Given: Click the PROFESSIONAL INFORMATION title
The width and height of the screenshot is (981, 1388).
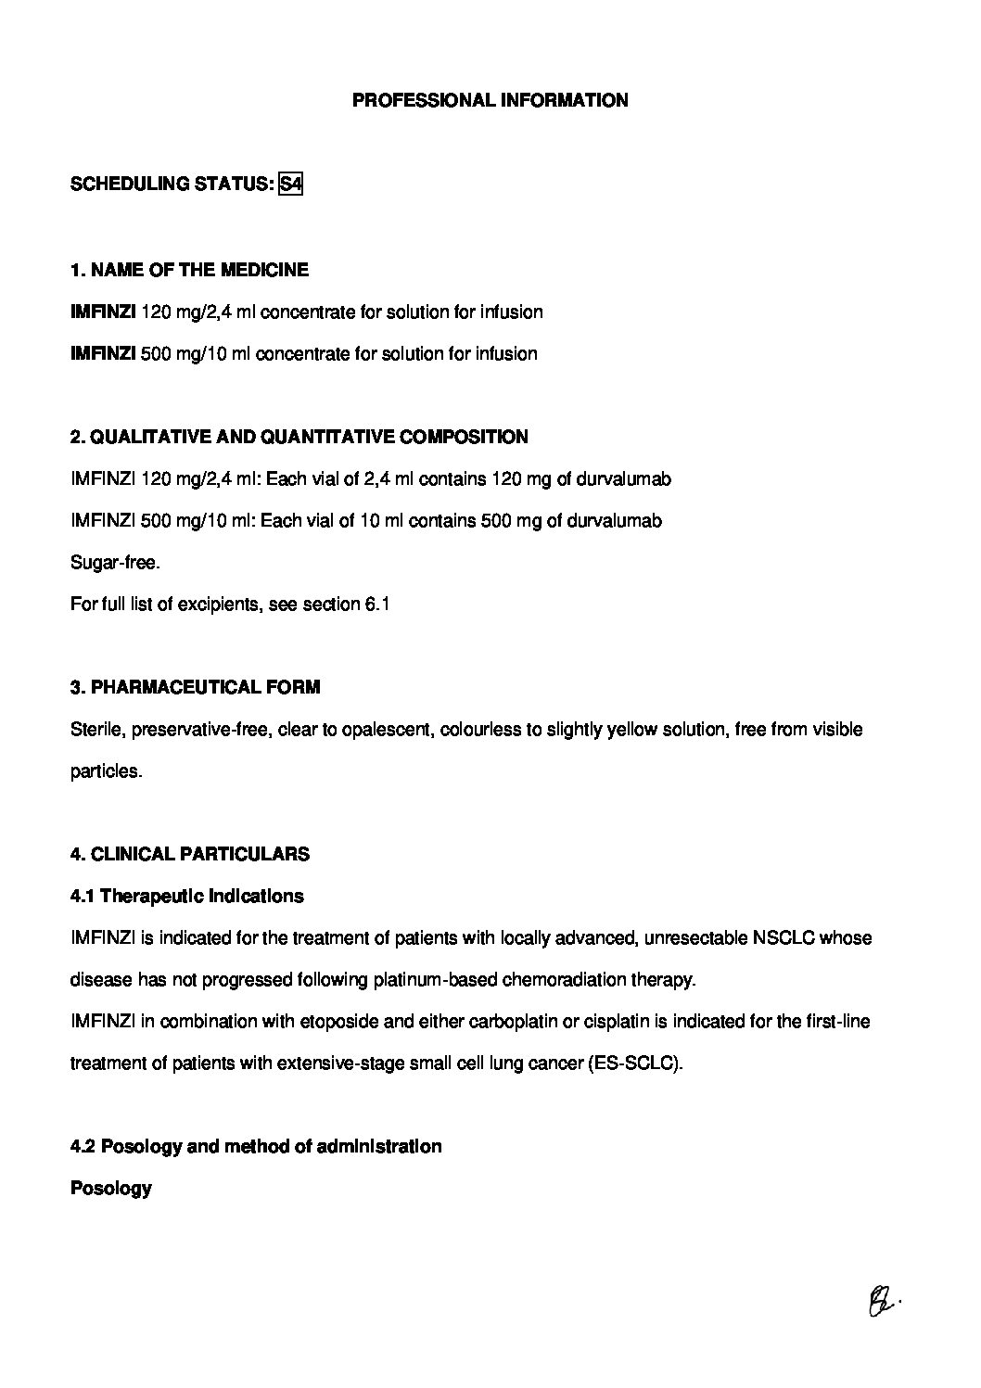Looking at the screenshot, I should pos(490,100).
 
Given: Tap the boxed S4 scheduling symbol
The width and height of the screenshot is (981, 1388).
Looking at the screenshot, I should pos(290,184).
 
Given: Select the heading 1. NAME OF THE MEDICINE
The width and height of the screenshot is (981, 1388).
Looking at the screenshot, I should pos(189,270).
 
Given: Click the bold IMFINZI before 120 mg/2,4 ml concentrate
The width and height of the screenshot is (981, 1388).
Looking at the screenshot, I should pos(103,312).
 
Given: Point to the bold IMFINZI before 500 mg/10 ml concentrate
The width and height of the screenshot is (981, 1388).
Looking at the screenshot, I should pos(103,353).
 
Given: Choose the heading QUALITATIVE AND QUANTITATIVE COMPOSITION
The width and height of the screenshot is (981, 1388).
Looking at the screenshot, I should pos(310,437).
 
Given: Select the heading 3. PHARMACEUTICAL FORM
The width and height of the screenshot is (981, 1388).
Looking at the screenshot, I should pos(195,687).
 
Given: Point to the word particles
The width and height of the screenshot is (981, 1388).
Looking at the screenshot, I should pos(106,770).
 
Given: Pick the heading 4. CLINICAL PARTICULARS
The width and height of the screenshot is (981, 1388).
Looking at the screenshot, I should pos(190,854).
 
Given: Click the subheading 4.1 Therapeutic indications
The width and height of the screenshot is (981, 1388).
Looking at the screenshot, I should pos(187,896).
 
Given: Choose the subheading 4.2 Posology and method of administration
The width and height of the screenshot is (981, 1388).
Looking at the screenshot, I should pos(256,1146).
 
